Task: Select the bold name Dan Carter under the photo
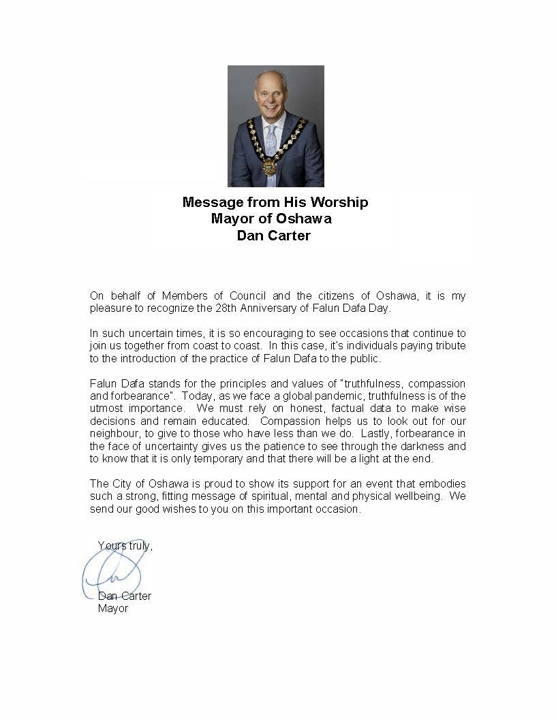click(x=273, y=236)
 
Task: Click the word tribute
click(x=449, y=346)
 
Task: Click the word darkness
click(x=427, y=447)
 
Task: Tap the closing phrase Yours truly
click(x=125, y=545)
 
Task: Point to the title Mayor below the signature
click(x=113, y=608)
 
